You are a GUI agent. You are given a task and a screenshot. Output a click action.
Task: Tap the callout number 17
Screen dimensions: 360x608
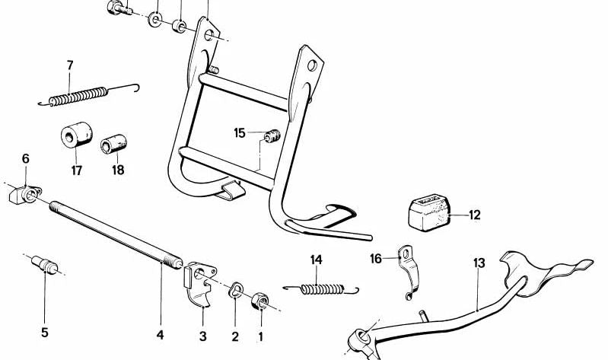tap(77, 170)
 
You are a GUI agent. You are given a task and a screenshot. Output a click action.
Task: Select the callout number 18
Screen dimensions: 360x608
tap(118, 170)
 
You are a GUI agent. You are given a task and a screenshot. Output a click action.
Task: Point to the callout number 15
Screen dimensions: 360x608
tap(240, 133)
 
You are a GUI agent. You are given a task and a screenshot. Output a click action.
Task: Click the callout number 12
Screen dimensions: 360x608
tap(474, 215)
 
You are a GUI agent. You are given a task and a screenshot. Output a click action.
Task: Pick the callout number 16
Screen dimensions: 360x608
tap(376, 259)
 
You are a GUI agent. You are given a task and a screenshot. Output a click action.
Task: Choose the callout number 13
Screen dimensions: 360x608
tap(479, 263)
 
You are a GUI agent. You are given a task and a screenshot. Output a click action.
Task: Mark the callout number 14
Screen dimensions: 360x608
tap(317, 260)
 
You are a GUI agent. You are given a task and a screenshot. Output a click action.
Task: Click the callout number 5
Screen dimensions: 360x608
tap(44, 332)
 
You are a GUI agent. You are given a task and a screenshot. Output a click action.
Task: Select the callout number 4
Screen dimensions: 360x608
tap(160, 335)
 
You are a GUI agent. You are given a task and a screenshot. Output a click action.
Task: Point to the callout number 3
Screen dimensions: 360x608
tap(202, 336)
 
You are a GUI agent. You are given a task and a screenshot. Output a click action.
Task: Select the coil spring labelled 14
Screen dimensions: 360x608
tap(320, 288)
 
